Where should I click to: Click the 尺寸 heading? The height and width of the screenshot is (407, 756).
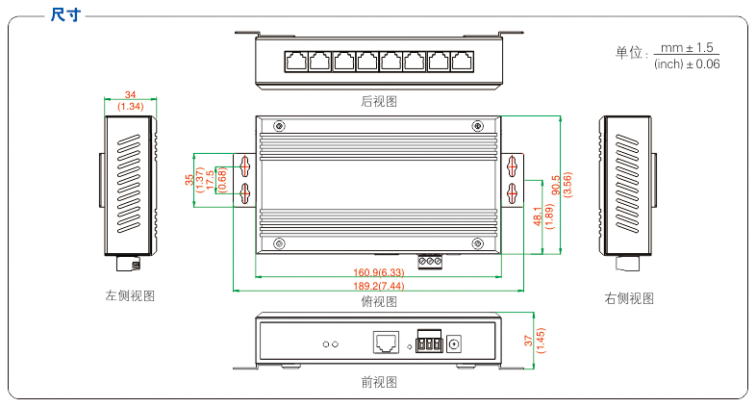pyautogui.click(x=64, y=14)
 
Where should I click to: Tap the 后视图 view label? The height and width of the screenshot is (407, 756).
pyautogui.click(x=378, y=101)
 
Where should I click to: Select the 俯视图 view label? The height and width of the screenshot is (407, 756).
pyautogui.click(x=378, y=302)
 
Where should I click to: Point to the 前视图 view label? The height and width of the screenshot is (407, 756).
pyautogui.click(x=378, y=382)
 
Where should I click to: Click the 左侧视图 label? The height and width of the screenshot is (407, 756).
pyautogui.click(x=130, y=296)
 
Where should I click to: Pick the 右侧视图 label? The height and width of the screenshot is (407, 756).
pyautogui.click(x=629, y=298)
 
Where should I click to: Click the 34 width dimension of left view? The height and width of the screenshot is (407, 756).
pyautogui.click(x=130, y=95)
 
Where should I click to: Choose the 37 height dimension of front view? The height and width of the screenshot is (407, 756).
pyautogui.click(x=528, y=340)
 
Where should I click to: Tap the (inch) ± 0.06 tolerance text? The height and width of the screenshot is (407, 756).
pyautogui.click(x=687, y=64)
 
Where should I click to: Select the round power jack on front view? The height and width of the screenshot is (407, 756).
pyautogui.click(x=456, y=343)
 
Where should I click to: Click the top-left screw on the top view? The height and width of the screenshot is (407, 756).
pyautogui.click(x=279, y=126)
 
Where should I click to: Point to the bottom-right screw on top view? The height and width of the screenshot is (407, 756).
pyautogui.click(x=478, y=242)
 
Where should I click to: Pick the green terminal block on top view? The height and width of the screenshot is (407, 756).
pyautogui.click(x=429, y=260)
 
